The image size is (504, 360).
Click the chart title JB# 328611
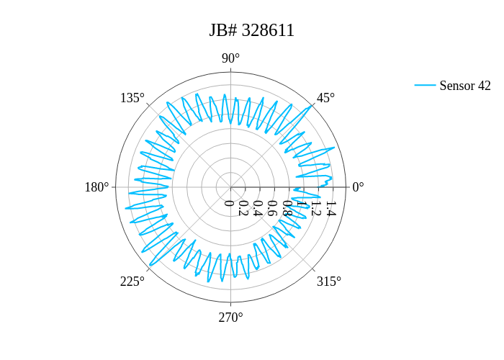point(252,30)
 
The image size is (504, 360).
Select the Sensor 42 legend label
point(465,86)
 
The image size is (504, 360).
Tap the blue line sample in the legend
point(425,85)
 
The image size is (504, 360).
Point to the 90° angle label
point(231,58)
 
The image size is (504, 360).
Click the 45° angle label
point(325,98)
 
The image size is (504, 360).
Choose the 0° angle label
point(358,187)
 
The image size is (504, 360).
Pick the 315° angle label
point(329,282)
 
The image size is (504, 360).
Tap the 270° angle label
point(231,318)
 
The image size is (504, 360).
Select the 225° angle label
point(132,282)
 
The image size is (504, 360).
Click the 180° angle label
point(96,187)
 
